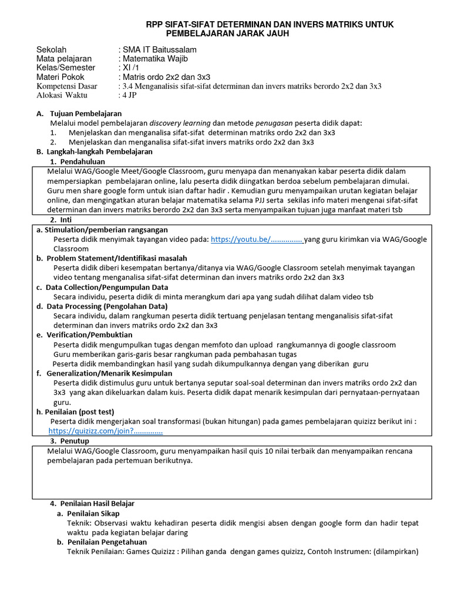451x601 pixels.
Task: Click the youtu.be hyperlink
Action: click(x=256, y=239)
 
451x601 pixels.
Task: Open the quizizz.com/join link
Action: click(x=106, y=430)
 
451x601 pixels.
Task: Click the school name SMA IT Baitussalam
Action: click(x=159, y=50)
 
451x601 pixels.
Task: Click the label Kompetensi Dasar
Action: click(x=69, y=86)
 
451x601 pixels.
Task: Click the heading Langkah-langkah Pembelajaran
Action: click(x=93, y=151)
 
